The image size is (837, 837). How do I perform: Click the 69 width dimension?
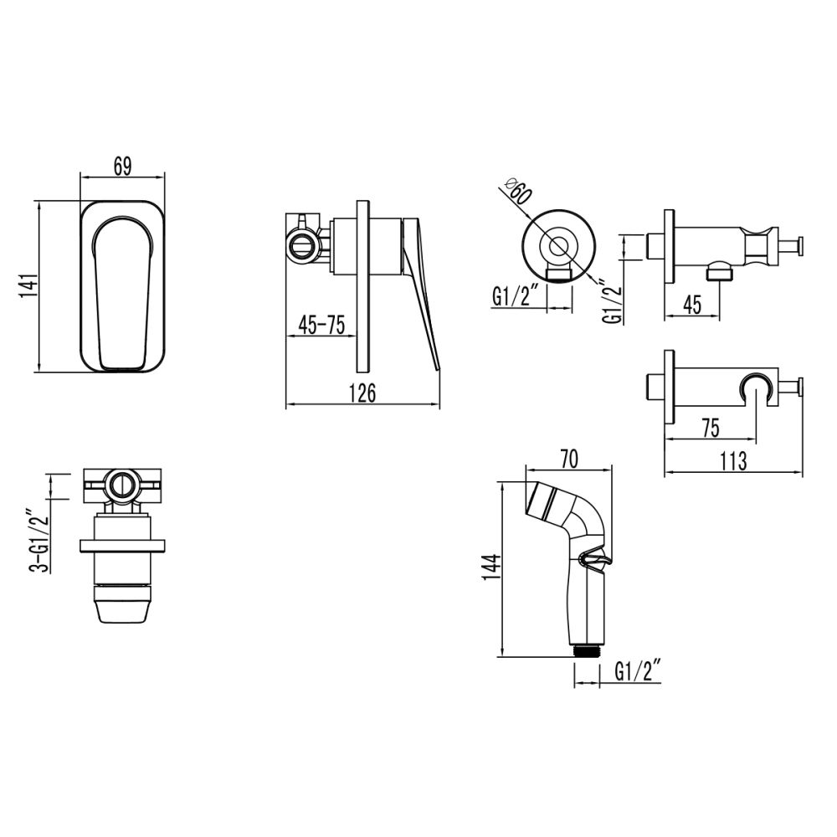click(122, 167)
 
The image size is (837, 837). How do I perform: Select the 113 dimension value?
click(733, 461)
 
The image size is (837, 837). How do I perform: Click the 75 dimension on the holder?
click(711, 428)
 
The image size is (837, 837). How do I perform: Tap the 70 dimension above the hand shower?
click(568, 459)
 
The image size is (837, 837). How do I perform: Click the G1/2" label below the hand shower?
click(639, 671)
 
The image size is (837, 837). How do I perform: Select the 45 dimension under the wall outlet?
click(692, 306)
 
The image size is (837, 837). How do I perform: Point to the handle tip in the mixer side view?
click(436, 360)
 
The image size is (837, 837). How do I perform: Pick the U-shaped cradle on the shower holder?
click(756, 386)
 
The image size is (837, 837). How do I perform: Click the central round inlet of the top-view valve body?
click(122, 485)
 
